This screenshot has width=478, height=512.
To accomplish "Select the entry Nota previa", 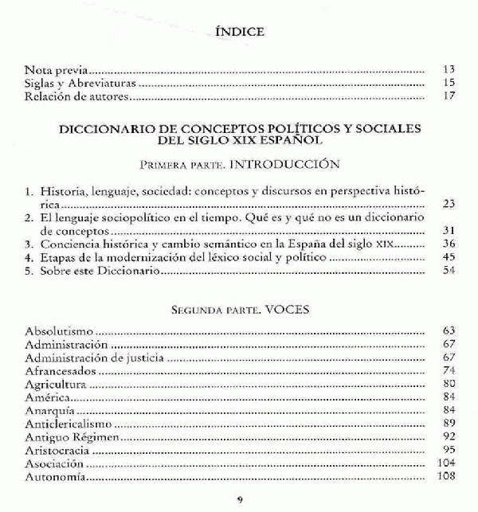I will pos(55,69).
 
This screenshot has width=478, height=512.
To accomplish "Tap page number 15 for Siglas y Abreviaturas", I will pos(448,83).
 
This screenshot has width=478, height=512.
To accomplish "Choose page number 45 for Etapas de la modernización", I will pos(448,258).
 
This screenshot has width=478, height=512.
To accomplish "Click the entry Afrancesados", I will pos(61,370).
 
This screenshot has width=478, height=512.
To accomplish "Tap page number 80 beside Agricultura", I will pos(448,384).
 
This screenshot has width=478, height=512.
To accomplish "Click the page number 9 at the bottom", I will pos(240,499).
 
